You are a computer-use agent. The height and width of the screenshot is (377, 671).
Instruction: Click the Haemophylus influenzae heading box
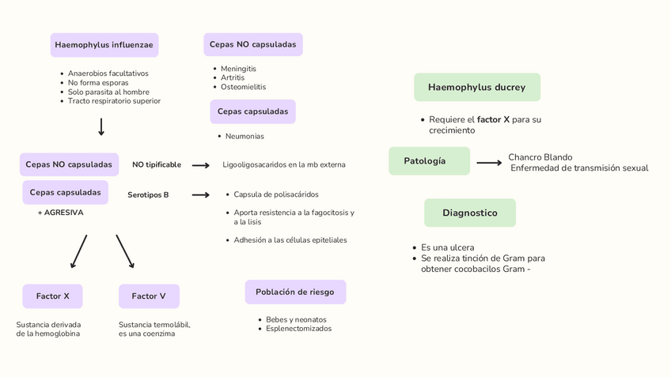(x=104, y=45)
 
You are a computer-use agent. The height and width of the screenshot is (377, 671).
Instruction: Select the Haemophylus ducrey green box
(x=476, y=87)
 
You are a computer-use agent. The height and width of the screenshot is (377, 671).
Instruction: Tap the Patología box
(x=428, y=161)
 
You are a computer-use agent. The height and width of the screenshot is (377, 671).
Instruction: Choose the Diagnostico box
(x=469, y=213)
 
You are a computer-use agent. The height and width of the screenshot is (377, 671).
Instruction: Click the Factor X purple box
(x=52, y=296)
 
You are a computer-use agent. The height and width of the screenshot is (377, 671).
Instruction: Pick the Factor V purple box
(x=149, y=296)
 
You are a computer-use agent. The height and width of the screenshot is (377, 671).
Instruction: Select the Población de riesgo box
(x=294, y=292)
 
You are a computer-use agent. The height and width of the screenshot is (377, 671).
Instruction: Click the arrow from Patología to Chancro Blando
(x=489, y=163)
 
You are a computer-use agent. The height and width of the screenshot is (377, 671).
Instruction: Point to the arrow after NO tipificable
(x=200, y=165)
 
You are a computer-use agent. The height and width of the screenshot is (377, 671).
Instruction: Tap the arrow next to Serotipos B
(x=200, y=194)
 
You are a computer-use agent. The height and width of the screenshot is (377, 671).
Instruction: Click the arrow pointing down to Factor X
(x=78, y=251)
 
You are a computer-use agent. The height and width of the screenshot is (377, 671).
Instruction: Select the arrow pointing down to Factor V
(x=125, y=251)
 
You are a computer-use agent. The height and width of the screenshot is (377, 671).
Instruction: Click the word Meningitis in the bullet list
(x=238, y=69)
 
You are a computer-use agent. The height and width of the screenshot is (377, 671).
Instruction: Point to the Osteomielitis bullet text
(x=243, y=87)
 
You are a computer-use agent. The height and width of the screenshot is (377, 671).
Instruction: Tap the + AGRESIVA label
(x=60, y=213)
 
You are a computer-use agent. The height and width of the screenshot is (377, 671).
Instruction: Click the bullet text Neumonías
(x=245, y=136)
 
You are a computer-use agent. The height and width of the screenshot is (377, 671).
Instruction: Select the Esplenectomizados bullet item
(x=298, y=329)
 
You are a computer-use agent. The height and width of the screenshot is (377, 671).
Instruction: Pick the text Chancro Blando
(x=540, y=157)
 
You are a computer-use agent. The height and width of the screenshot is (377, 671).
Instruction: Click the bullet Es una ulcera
(x=447, y=247)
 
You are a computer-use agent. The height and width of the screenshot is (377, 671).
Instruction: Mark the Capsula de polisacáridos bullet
(x=276, y=194)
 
